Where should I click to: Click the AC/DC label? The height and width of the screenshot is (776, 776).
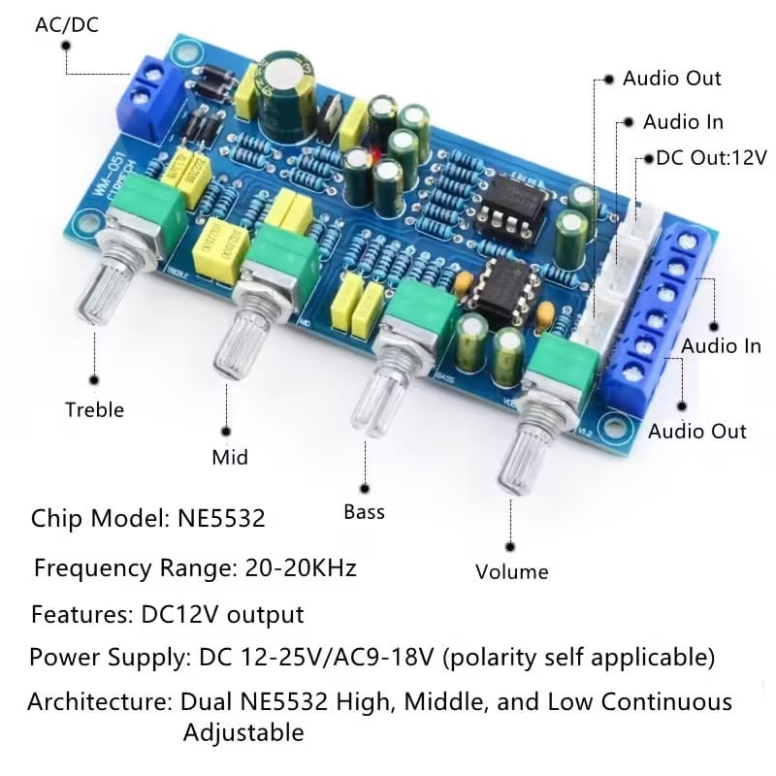tap(67, 25)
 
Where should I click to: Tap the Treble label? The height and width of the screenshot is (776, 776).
tap(94, 409)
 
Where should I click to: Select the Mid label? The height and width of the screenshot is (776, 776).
tap(230, 457)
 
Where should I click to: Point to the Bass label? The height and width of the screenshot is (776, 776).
tap(365, 512)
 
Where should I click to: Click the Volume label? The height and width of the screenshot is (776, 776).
tap(512, 572)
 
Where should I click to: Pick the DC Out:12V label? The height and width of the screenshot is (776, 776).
tap(711, 158)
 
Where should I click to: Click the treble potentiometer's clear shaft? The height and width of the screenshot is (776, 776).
tap(104, 293)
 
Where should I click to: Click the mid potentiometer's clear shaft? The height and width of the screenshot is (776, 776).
tap(242, 345)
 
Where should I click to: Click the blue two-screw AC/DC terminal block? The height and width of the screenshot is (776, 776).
tap(148, 99)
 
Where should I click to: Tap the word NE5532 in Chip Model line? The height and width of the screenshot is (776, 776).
tap(221, 518)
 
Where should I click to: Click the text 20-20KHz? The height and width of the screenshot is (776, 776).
tap(301, 567)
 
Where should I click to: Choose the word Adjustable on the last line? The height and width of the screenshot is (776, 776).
tap(243, 733)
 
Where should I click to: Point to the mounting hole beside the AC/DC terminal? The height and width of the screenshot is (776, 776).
tap(184, 52)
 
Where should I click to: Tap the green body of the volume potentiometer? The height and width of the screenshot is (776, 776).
tap(564, 361)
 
